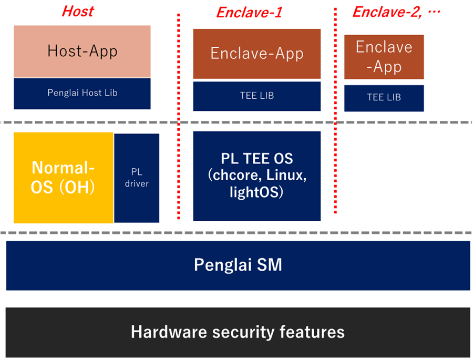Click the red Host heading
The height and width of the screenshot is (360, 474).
78,11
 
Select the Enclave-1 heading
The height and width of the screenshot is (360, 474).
249,13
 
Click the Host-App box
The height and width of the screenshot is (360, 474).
82,52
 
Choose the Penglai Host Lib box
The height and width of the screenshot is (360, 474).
82,94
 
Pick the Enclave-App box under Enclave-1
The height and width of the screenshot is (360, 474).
256,54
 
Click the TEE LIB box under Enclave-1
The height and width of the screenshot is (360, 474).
256,96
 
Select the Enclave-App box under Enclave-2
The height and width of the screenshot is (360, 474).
384,57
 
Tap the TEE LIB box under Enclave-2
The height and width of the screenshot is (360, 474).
384,98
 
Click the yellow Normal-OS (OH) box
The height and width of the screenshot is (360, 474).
63,178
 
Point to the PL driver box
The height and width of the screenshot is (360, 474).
137,178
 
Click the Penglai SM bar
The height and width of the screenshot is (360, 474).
238,265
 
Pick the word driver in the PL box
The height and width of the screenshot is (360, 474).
137,183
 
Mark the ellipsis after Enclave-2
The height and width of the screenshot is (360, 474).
434,12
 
